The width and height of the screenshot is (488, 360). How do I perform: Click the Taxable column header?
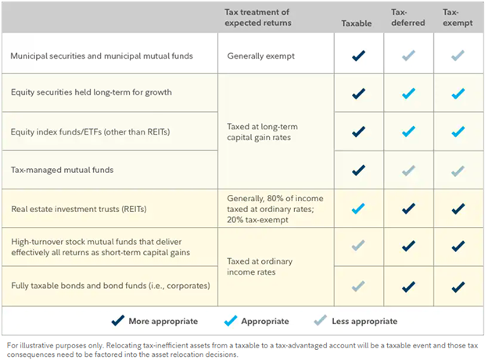coord(357,23)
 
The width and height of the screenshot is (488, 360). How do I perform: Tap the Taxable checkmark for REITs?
coord(358,209)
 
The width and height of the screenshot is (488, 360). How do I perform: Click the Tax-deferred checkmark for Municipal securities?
coord(407,56)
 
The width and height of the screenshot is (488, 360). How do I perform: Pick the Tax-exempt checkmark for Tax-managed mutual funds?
coord(457,170)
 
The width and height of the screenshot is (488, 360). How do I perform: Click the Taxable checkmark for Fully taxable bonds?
coord(358,286)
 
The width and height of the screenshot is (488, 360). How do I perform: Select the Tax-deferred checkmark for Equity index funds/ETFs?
coord(407,131)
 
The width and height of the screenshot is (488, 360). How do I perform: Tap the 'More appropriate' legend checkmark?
coord(118,320)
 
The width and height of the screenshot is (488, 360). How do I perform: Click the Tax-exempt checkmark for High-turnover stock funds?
coord(457,247)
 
